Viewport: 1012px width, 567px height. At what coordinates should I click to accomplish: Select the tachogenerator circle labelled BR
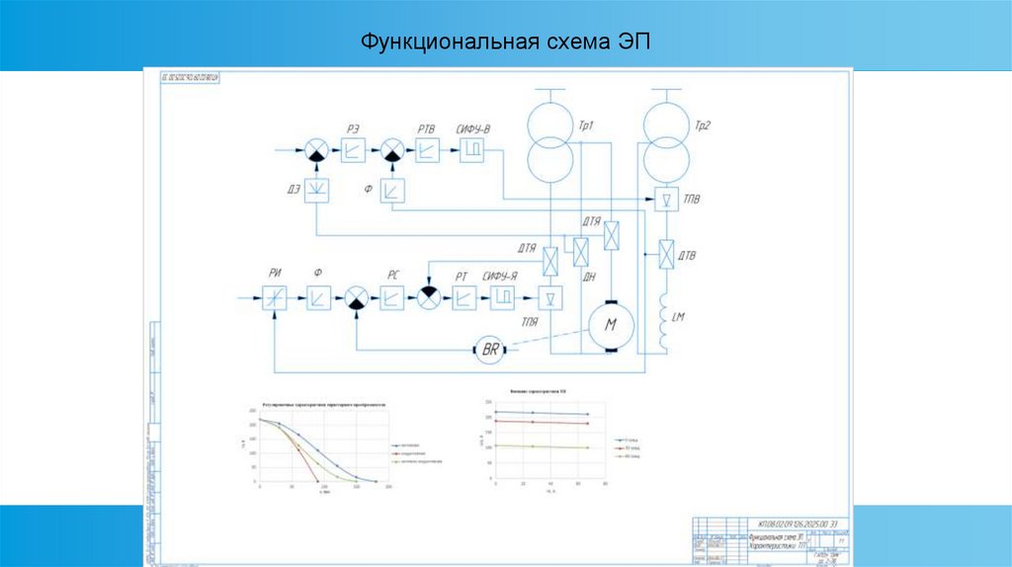491,348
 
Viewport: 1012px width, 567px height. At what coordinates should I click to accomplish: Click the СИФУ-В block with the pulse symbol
471,149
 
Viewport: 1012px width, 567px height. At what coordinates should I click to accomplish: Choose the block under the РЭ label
354,150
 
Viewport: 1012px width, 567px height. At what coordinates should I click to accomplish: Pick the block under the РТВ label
428,149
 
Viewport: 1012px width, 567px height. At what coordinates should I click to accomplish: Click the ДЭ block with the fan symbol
316,190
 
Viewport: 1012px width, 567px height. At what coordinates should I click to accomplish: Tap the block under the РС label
393,296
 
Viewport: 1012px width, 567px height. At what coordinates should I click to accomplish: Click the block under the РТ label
464,296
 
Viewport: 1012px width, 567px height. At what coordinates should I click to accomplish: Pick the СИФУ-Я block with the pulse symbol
502,296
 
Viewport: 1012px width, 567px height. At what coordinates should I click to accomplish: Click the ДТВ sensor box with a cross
666,255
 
